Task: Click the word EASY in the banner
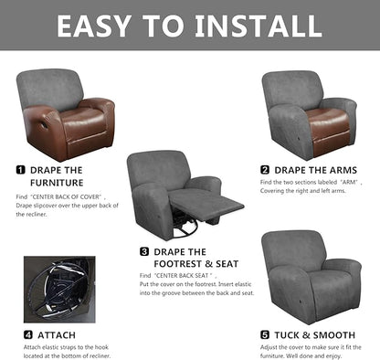coord(101,26)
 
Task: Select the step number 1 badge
coord(20,170)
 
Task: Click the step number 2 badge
coord(265,170)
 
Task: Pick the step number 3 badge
coord(144,251)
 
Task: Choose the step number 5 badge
coord(265,334)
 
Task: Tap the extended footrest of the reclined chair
coord(194,202)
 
